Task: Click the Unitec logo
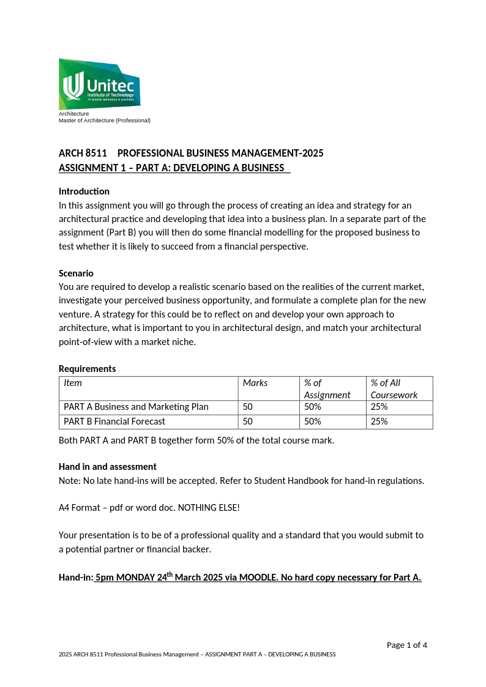[x=99, y=84]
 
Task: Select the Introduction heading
[x=84, y=191]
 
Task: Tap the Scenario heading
[x=76, y=273]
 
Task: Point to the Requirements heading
[x=87, y=368]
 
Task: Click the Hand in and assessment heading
[x=107, y=466]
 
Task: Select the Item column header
[x=73, y=383]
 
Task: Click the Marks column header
[x=255, y=383]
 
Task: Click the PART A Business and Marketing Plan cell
[x=136, y=407]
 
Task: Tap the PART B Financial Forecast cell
[x=114, y=421]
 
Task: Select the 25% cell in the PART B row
[x=379, y=421]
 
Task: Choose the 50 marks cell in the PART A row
[x=247, y=407]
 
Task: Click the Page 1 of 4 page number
[x=406, y=645]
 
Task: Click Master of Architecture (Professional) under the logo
[x=104, y=121]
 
